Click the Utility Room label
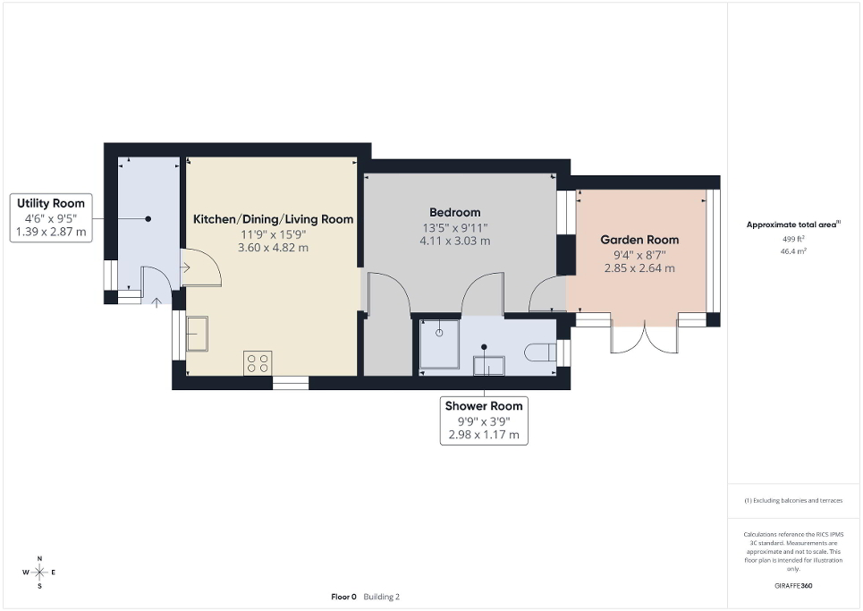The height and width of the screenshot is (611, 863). tap(51, 204)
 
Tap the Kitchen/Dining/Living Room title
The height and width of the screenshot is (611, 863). tap(274, 219)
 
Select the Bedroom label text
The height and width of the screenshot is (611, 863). tap(454, 212)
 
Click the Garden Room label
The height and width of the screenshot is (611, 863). tap(639, 240)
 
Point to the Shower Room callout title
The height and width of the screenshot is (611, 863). tap(484, 406)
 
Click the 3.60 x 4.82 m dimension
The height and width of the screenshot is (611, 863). tap(274, 248)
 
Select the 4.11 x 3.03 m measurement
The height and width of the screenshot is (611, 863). tap(454, 241)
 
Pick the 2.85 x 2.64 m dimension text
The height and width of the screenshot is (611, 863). tap(639, 268)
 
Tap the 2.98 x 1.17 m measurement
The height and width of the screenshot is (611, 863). tap(484, 436)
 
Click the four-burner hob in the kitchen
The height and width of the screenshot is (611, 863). tap(258, 362)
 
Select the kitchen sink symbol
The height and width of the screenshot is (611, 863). tap(197, 334)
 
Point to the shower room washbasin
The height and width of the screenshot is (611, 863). tap(488, 364)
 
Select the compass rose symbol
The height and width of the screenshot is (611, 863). tap(39, 572)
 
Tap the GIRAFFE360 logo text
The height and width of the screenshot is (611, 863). tap(793, 586)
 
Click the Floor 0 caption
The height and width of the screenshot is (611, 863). tap(343, 597)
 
